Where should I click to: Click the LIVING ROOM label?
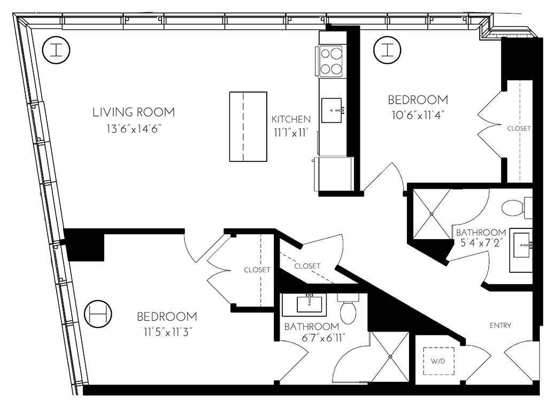134,112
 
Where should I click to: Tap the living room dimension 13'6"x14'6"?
134,128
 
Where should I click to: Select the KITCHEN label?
290,119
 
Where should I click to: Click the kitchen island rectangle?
248,126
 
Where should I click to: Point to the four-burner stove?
331,61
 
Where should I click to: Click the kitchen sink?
333,110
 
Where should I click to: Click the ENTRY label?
500,325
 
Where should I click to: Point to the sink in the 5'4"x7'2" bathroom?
521,244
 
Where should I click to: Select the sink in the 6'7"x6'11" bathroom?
310,304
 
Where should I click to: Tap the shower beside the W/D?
390,357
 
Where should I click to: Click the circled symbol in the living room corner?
56,50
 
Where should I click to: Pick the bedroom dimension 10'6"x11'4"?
418,114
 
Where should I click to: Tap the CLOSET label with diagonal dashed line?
307,266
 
